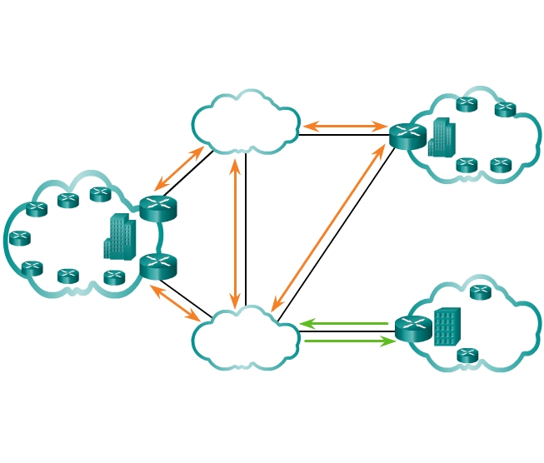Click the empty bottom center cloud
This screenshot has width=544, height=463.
[246, 339]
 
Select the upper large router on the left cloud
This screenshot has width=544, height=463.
[157, 208]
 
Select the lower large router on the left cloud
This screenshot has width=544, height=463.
[157, 266]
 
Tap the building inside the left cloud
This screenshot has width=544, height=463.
[119, 237]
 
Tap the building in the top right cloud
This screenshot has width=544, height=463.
[442, 137]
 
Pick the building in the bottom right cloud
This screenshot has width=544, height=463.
[447, 327]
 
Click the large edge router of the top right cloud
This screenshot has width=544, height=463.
[407, 136]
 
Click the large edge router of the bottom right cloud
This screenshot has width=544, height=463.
[413, 329]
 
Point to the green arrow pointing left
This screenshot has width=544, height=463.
[344, 323]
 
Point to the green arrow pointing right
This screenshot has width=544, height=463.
[349, 341]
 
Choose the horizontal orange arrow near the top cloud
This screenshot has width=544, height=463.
[345, 127]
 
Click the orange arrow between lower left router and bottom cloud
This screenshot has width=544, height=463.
[175, 303]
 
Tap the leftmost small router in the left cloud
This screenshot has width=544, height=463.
[19, 238]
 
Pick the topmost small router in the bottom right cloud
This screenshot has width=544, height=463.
[480, 292]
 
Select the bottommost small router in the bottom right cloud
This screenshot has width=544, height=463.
[467, 356]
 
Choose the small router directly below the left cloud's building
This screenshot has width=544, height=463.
[114, 277]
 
